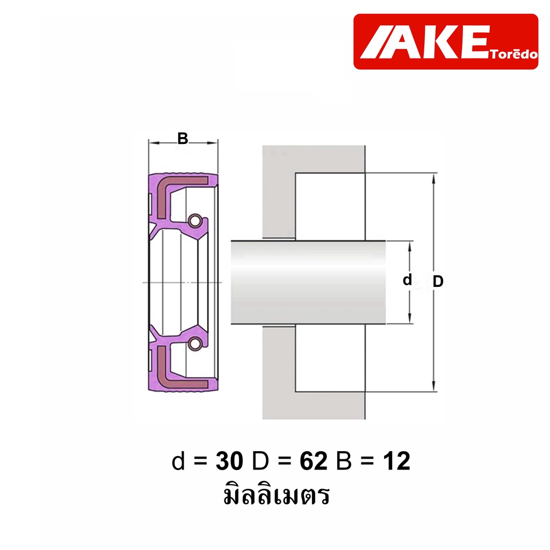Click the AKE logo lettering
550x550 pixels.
[424, 42]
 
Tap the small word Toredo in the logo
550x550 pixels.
[514, 54]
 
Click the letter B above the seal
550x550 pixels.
[183, 139]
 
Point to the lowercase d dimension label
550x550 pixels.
[407, 280]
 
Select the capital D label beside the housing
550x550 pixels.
[438, 281]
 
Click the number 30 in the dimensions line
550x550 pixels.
[229, 461]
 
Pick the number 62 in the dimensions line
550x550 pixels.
[314, 461]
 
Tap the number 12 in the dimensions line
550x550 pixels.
[397, 461]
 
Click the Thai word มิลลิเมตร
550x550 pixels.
[277, 495]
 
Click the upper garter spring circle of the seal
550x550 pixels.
[195, 221]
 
